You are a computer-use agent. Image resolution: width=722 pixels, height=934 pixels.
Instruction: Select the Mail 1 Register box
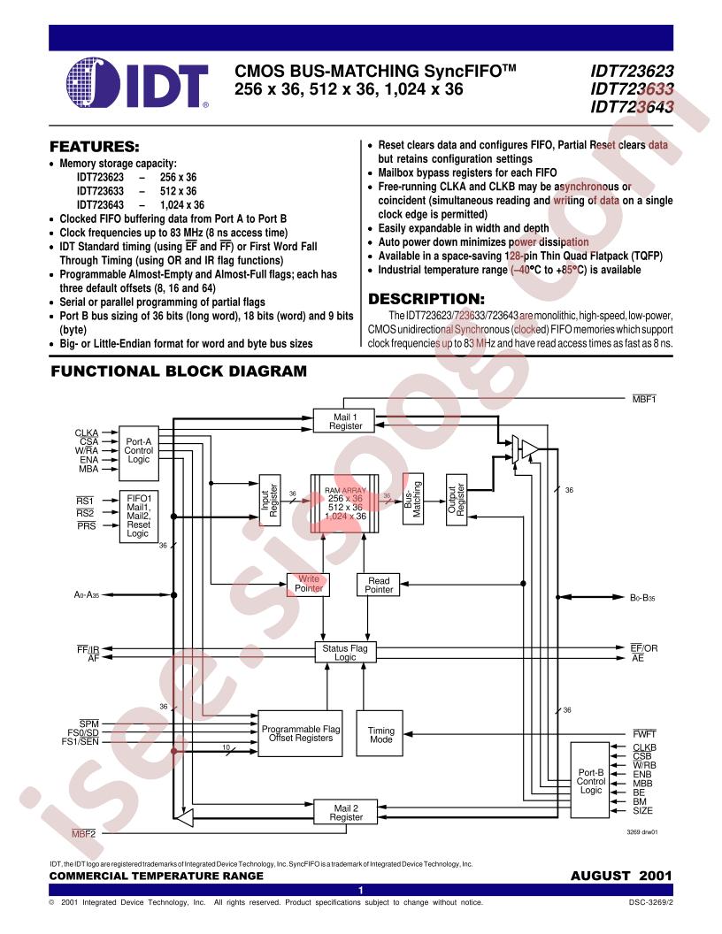(345, 421)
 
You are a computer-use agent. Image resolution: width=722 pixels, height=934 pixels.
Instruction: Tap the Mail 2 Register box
(346, 813)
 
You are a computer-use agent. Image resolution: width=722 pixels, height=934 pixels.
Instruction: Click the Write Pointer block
(309, 584)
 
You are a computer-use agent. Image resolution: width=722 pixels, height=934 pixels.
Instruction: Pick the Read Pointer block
(379, 585)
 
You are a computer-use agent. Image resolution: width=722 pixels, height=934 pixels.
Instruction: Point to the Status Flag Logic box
(345, 652)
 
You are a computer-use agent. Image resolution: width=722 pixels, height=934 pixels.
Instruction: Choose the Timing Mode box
(380, 734)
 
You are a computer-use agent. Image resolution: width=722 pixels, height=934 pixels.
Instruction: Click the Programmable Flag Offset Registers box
(300, 733)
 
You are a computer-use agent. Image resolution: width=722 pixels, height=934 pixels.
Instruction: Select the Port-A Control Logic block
(139, 454)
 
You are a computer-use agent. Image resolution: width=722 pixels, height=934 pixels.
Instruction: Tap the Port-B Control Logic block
(590, 780)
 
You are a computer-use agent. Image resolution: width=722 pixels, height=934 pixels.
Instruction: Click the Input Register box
(270, 500)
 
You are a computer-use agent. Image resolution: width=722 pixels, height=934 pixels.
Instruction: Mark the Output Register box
(457, 500)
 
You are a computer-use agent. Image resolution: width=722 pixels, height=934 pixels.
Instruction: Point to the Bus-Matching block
(413, 499)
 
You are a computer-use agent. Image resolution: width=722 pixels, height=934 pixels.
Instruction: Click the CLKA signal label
(87, 433)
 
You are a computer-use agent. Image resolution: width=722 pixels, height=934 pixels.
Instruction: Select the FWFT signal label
(644, 734)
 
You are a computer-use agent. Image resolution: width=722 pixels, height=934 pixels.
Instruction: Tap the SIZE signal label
(642, 811)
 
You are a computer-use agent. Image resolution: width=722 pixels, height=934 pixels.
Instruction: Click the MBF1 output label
(644, 399)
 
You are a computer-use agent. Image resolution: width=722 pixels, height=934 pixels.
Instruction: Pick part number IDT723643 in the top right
(632, 107)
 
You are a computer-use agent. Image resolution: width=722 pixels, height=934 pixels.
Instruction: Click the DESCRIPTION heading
(426, 299)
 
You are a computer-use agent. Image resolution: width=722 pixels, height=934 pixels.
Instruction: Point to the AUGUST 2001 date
(621, 876)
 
